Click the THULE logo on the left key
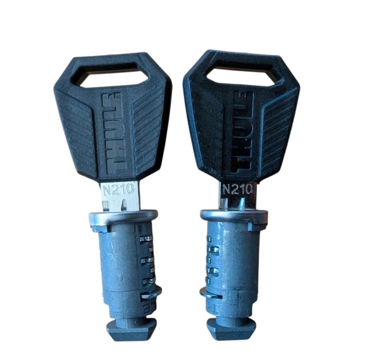click(x=114, y=133)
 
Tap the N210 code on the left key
click(x=119, y=189)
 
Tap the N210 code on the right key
click(x=237, y=189)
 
